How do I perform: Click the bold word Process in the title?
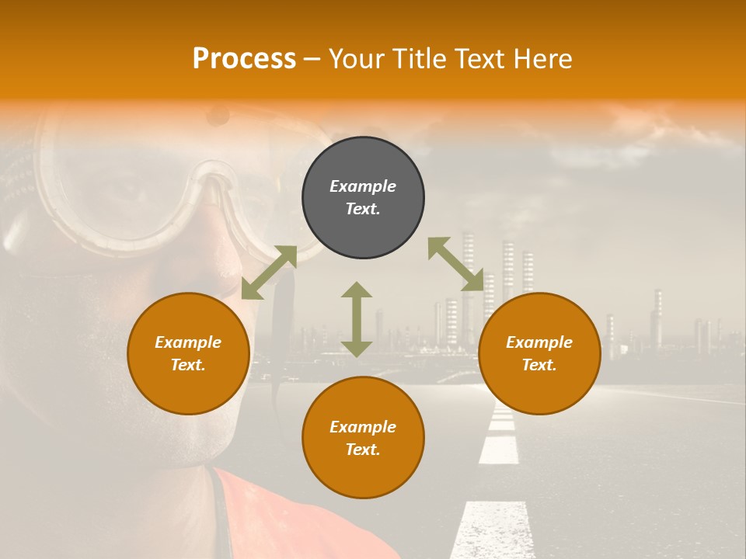(244, 59)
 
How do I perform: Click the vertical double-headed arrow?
(357, 319)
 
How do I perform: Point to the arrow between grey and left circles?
(269, 272)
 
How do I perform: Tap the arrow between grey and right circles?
(456, 264)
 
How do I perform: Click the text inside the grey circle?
(363, 198)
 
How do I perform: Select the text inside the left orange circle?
(188, 353)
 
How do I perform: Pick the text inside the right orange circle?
(539, 353)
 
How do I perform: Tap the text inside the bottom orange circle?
(363, 438)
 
